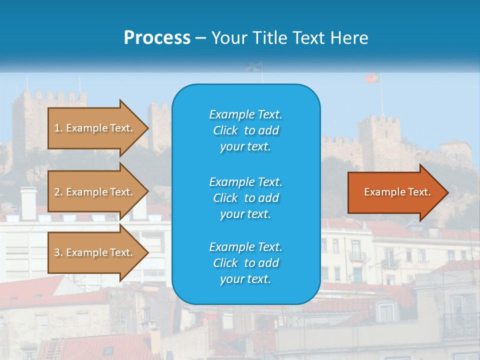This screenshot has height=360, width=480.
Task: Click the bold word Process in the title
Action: [157, 37]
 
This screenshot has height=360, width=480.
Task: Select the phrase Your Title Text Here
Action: [289, 38]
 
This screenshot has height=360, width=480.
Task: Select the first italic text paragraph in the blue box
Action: [245, 130]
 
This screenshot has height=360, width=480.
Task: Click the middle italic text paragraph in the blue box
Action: [245, 197]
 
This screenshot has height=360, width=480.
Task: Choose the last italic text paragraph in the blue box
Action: [245, 263]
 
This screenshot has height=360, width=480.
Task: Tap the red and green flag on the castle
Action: [372, 78]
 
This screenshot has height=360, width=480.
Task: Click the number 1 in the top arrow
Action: [57, 128]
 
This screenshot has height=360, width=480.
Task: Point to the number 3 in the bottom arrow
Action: [57, 252]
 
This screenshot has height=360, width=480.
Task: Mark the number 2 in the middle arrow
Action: [57, 192]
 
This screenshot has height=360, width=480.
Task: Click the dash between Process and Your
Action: [200, 38]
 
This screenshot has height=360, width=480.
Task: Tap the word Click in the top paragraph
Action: [225, 130]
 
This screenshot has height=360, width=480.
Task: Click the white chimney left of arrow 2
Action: [28, 202]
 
